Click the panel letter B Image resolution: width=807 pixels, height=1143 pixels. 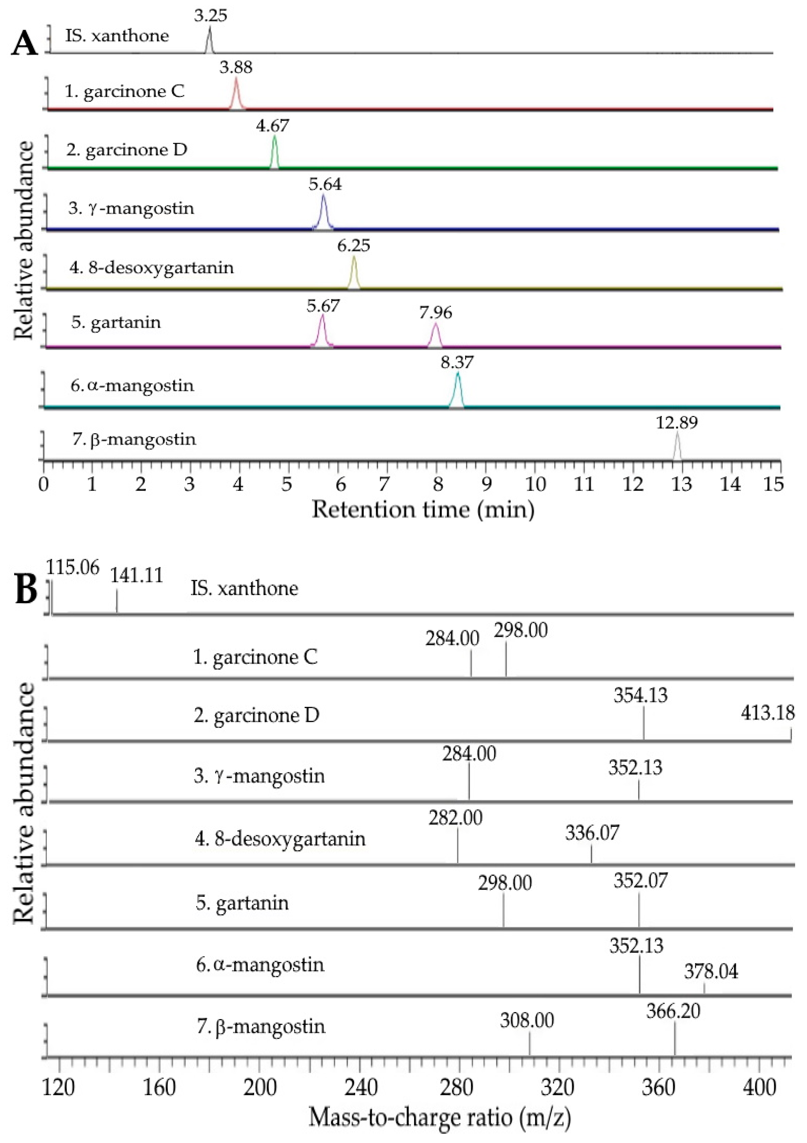(26, 590)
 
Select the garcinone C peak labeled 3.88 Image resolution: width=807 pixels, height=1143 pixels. (237, 92)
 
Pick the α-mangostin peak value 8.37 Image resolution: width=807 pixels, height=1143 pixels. (457, 362)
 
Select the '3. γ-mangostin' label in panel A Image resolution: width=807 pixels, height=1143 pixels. (131, 208)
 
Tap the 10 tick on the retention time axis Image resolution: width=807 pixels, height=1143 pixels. (536, 484)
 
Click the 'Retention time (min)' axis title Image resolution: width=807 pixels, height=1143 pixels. (423, 509)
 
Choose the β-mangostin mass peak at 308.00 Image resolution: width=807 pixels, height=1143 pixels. (529, 1043)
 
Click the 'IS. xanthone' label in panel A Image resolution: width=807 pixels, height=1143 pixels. (117, 36)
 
